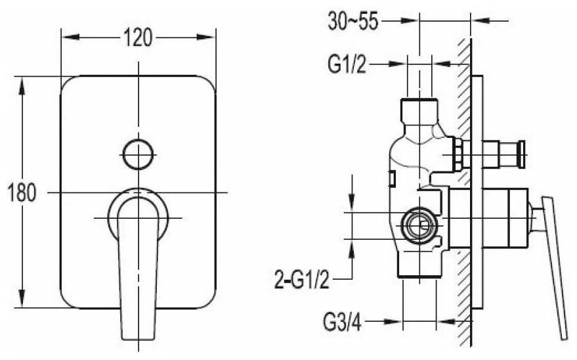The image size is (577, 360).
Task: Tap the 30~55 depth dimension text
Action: click(x=352, y=21)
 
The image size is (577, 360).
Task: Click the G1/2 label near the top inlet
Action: click(x=347, y=64)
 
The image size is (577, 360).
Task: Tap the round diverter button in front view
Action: click(x=138, y=154)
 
